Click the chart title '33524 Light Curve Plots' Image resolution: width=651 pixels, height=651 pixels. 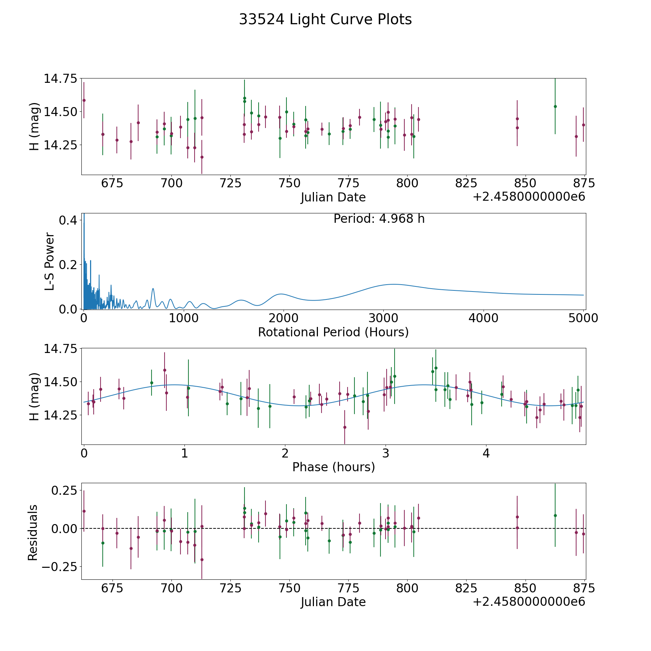325,20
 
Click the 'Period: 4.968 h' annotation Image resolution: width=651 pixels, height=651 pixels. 379,219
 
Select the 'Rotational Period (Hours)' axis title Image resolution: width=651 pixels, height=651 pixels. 333,332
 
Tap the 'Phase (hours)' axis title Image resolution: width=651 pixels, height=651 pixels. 333,467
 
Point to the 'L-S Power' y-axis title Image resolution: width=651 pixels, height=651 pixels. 50,261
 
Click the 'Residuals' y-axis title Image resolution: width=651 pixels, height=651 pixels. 33,533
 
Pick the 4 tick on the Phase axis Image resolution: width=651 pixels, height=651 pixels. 486,453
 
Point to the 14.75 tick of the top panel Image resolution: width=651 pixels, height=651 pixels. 60,78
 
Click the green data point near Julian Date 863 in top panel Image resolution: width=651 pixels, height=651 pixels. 555,106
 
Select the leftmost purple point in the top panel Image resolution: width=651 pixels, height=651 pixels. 84,100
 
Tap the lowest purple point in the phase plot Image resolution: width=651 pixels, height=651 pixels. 345,427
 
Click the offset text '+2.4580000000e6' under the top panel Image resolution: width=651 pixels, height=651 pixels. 529,197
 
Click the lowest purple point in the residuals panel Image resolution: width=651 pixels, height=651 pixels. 202,559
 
